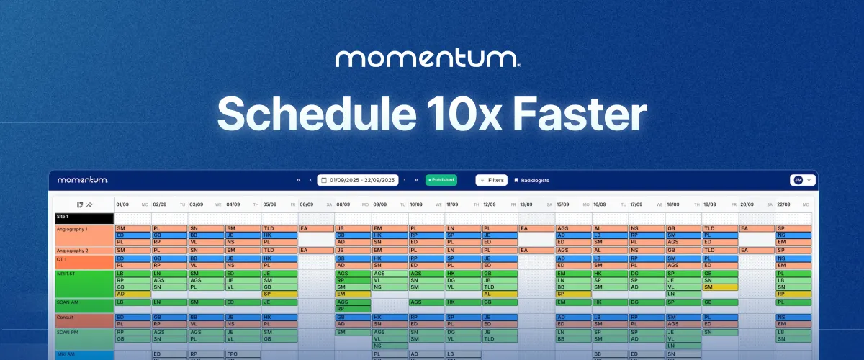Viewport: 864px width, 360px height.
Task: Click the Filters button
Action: (491, 180)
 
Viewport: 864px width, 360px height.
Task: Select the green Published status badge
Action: (441, 180)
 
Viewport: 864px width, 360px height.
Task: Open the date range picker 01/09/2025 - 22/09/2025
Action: (357, 180)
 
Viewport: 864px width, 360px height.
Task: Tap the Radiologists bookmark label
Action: (531, 180)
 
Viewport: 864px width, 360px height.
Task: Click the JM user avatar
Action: (798, 180)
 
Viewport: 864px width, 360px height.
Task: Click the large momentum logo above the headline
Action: (428, 58)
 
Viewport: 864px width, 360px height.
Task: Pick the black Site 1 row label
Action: (84, 216)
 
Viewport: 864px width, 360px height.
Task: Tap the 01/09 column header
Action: (122, 204)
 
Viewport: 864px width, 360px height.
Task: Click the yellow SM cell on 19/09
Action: (720, 287)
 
